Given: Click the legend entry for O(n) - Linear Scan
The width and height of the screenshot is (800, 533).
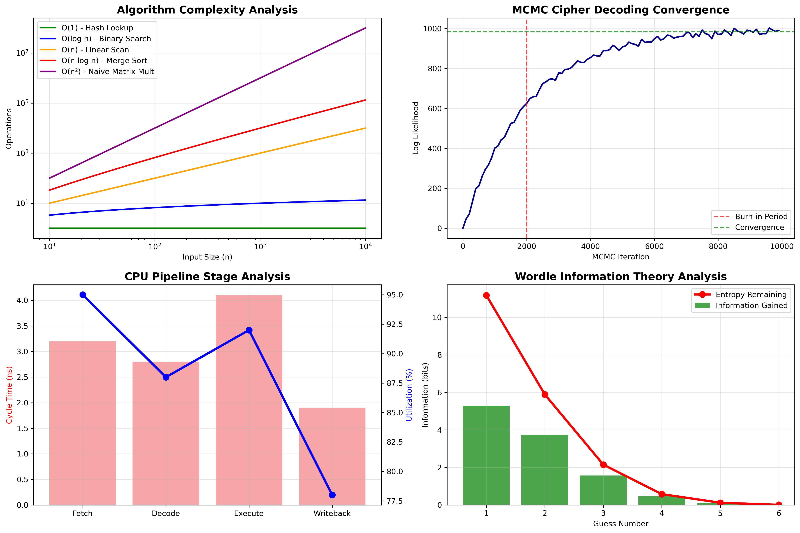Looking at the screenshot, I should click(x=95, y=50).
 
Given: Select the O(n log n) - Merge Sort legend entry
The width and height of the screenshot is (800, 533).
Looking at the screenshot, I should click(x=104, y=61).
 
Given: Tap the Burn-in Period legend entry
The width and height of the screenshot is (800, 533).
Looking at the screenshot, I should click(x=761, y=217).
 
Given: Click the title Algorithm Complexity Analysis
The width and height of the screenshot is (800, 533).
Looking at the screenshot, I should click(x=207, y=10).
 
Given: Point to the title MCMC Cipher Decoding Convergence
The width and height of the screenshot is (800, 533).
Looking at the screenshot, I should click(x=620, y=10).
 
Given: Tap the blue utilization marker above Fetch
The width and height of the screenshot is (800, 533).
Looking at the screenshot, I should click(x=83, y=295).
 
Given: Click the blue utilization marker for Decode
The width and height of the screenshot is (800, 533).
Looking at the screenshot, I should click(x=166, y=377).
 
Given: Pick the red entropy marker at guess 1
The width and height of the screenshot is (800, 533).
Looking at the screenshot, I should click(x=486, y=295).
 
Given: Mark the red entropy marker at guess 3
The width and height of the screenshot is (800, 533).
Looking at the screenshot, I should click(x=603, y=465).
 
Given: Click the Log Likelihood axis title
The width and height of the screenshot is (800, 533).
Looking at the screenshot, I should click(x=416, y=128).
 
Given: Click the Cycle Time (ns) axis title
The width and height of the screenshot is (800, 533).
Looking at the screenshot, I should click(x=9, y=395).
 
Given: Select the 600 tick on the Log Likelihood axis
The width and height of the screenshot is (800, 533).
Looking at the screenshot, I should click(x=435, y=109).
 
